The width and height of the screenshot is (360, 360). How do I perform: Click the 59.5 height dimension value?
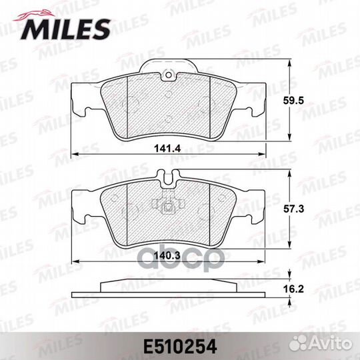[x=293, y=101]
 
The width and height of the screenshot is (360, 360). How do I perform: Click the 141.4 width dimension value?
[x=167, y=149]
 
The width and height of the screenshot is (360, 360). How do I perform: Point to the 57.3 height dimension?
[x=293, y=209]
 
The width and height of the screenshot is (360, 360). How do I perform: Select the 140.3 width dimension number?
[x=167, y=255]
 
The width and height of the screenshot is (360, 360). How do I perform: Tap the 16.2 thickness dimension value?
[x=293, y=289]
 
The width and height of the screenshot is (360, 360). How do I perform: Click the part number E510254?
[x=180, y=347]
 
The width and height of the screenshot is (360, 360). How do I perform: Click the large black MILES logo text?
[x=66, y=29]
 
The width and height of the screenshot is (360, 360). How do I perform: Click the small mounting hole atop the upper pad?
[x=169, y=75]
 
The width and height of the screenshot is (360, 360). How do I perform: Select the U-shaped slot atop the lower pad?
[x=169, y=178]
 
